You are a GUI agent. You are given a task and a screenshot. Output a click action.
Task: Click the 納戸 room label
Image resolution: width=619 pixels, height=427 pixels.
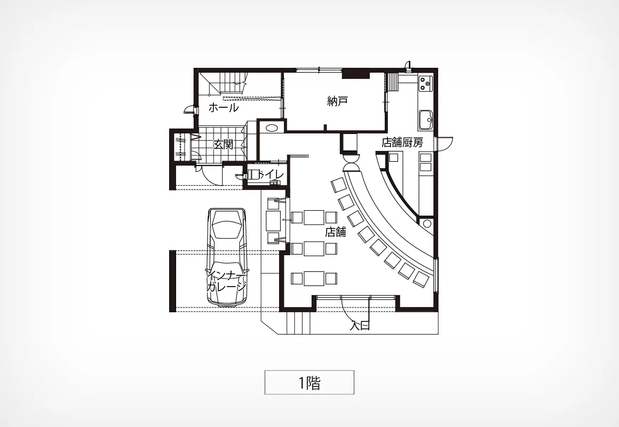(337, 101)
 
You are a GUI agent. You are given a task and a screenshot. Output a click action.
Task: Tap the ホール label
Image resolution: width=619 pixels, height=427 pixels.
(224, 107)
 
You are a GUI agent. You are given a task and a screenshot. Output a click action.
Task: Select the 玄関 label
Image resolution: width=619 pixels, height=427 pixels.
(223, 145)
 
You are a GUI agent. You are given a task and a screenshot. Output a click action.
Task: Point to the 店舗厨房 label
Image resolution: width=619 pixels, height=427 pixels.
(402, 143)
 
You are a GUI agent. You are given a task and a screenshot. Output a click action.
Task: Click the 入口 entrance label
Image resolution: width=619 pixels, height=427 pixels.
(360, 326)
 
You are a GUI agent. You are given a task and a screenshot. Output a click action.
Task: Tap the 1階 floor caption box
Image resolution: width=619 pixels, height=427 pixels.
(309, 382)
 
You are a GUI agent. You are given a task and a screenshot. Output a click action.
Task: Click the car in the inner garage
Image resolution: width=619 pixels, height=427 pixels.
(227, 257)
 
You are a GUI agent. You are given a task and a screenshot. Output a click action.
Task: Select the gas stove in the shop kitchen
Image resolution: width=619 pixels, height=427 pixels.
(426, 83)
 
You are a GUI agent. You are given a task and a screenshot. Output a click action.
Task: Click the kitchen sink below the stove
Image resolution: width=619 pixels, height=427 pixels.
(426, 119)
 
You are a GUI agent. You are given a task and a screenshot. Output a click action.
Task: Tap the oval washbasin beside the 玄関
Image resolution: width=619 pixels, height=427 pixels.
(271, 128)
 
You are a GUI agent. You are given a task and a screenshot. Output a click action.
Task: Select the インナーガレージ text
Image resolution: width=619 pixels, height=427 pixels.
(227, 281)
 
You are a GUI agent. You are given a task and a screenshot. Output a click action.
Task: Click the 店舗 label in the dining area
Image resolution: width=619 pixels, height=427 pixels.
(335, 232)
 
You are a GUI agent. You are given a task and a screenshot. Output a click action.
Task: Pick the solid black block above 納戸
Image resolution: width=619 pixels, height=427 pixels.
(356, 74)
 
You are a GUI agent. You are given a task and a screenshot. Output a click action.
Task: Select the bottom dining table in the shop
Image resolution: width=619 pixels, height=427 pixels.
(314, 278)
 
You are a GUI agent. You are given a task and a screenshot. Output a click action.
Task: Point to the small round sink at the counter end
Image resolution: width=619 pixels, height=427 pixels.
(427, 224)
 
